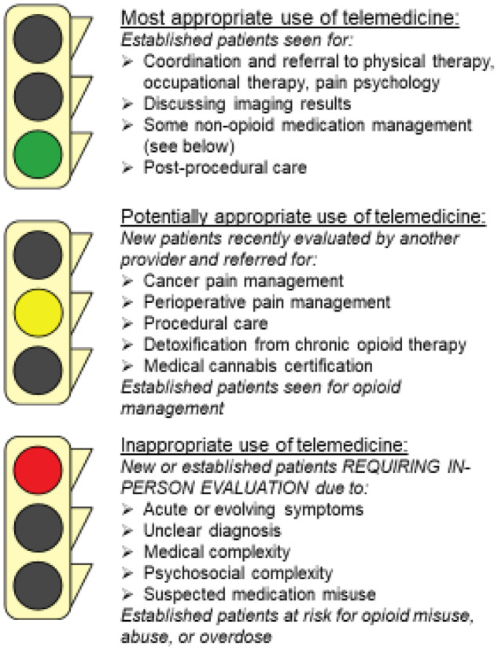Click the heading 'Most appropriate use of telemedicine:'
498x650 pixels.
(x=288, y=17)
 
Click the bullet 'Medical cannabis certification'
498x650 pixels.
(x=246, y=365)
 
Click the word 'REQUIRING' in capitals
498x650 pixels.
(x=352, y=467)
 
